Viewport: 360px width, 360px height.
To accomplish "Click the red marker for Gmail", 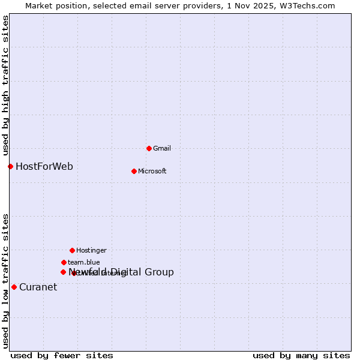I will pos(149,148).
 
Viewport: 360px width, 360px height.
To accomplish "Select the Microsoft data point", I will pos(134,171).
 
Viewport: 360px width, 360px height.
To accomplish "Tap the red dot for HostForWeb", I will pos(10,166).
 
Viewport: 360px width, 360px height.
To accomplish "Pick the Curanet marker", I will pos(14,287).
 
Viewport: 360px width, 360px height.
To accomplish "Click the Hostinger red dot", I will pos(72,250).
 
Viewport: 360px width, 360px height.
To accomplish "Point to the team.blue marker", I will pos(64,262).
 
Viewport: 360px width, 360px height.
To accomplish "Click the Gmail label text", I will pos(162,148).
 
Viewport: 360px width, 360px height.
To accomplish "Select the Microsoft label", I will pos(152,171).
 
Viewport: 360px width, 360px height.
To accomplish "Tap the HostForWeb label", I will pos(44,166).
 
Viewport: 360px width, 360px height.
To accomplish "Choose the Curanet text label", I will pos(38,287).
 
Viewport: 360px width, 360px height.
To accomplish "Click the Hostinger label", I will pos(91,250).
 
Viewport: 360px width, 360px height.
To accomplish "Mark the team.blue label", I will pos(84,262).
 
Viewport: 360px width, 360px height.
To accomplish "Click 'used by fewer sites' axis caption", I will pos(62,355).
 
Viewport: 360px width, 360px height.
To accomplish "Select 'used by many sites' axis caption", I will pos(301,355).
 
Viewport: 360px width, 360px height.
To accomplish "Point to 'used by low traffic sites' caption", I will pos(5,280).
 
